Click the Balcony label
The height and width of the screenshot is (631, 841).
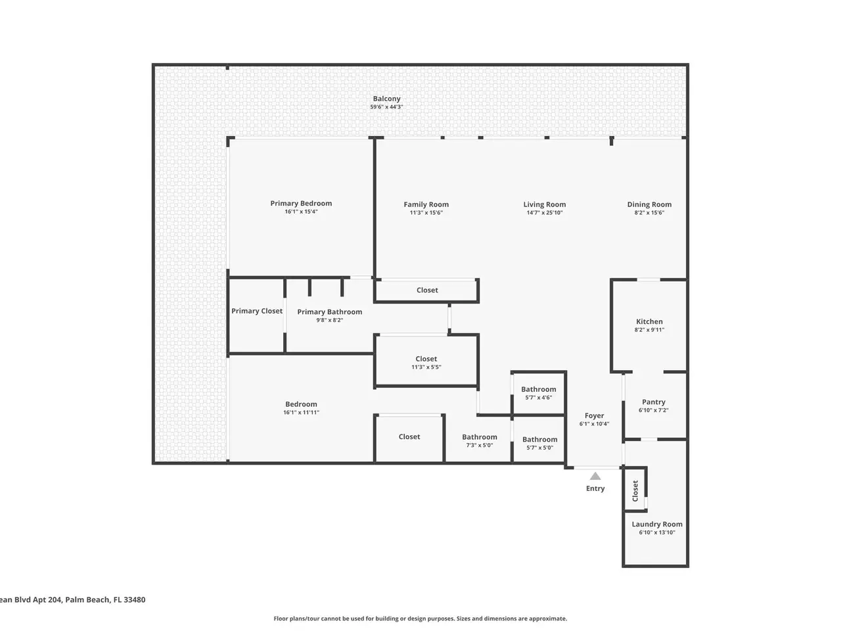pos(386,99)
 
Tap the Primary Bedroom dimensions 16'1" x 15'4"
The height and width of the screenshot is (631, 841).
pos(301,212)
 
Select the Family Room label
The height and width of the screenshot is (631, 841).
pos(426,204)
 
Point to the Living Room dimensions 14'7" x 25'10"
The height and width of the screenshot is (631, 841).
pos(545,212)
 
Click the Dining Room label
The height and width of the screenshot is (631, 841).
pos(649,204)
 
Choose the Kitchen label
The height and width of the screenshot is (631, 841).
pos(649,321)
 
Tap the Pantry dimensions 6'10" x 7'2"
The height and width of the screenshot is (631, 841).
pos(653,410)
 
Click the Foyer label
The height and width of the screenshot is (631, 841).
pos(594,415)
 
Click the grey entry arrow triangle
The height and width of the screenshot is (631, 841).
pos(595,477)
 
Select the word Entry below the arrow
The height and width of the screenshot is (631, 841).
pos(595,488)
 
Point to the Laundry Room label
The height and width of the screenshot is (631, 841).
pos(657,524)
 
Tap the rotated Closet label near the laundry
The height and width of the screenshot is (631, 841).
pos(635,491)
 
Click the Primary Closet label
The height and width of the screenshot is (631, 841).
pos(257,311)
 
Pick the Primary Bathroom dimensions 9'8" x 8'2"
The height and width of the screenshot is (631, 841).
pos(330,320)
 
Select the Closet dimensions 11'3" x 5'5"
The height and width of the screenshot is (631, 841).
pos(426,367)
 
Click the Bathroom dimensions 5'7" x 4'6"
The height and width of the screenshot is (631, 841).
pos(538,398)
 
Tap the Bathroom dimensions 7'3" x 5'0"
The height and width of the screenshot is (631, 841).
pos(480,445)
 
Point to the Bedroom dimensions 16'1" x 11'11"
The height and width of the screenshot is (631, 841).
pos(301,413)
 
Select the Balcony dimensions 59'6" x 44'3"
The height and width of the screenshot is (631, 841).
pos(386,107)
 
